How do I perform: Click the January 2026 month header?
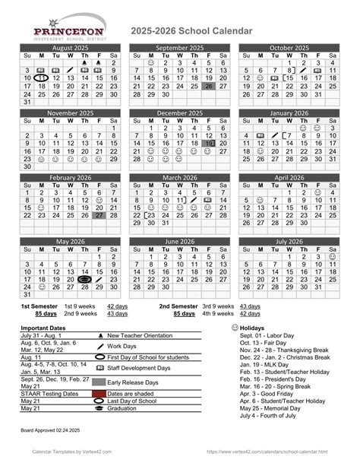pyautogui.click(x=289, y=113)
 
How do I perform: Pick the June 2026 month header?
pyautogui.click(x=179, y=241)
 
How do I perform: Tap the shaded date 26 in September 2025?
pyautogui.click(x=209, y=87)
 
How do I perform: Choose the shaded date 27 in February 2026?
pyautogui.click(x=99, y=216)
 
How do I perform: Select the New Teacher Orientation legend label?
pyautogui.click(x=140, y=334)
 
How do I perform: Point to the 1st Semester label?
pyautogui.click(x=36, y=305)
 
